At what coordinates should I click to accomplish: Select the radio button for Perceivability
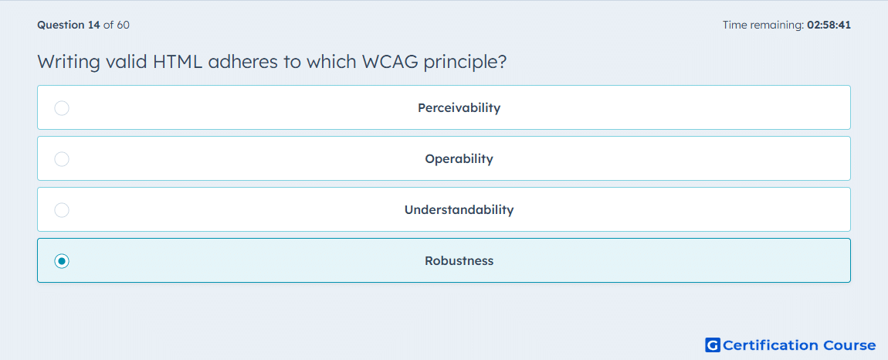[62, 107]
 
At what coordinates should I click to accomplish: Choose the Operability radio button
[62, 158]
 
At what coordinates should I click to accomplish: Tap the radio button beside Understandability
[62, 210]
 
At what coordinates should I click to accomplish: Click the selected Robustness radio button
[62, 261]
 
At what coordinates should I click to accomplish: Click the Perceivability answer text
[459, 107]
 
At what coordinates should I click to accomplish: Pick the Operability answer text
[459, 158]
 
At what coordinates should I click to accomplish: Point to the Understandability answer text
[459, 210]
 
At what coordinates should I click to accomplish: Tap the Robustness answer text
[459, 261]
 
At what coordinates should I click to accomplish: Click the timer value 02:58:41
[829, 25]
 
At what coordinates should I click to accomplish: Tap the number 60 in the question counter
[124, 25]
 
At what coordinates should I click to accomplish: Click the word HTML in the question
[178, 62]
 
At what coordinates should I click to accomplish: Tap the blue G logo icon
[713, 345]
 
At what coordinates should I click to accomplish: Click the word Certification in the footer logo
[769, 345]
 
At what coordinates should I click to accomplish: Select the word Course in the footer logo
[848, 345]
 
